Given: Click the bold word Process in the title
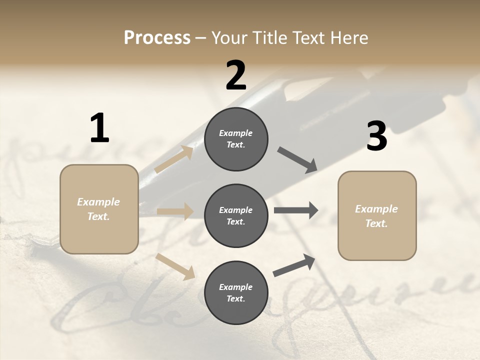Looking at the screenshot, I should point(157,37).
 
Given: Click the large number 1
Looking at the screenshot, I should point(99,128).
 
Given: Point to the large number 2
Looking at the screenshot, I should point(236,75).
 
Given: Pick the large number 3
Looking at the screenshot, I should point(376,136).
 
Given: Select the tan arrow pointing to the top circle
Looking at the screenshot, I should point(174,159).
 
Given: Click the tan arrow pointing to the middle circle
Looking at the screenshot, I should point(175,211).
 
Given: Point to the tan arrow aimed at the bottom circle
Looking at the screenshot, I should point(175,266).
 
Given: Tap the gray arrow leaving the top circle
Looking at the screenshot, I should point(297,160).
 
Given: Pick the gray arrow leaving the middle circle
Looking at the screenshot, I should point(296,210).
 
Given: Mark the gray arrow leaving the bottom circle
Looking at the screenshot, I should point(294,265).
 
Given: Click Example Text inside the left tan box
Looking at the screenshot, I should point(98,209).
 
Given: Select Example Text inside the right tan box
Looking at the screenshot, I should point(376,216).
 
